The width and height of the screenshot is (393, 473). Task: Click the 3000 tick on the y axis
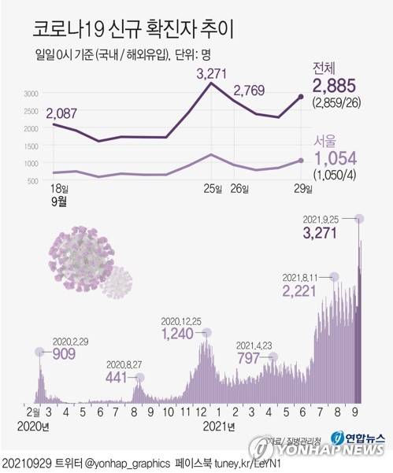click(30, 94)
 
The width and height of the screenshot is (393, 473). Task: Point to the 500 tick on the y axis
click(33, 182)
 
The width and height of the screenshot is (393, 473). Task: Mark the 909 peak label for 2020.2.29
click(64, 354)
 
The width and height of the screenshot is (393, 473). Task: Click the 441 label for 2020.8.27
click(119, 377)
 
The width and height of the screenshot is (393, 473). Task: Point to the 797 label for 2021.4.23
click(250, 358)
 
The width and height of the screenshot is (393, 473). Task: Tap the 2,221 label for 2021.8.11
click(303, 292)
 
